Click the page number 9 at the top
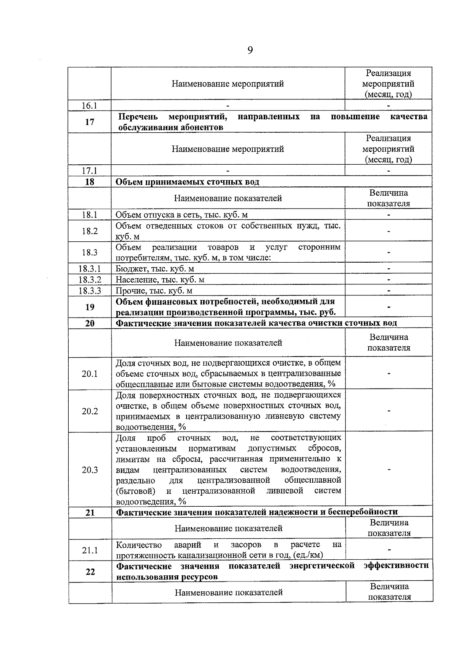(x=250, y=50)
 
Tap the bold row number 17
(x=89, y=122)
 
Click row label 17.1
(x=89, y=171)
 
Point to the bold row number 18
(x=89, y=182)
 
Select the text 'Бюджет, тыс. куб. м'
(x=155, y=269)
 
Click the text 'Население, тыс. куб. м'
(x=160, y=280)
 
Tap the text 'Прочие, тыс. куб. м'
(x=154, y=291)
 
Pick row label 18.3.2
(x=90, y=280)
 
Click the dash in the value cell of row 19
(x=389, y=307)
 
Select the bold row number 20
(x=90, y=323)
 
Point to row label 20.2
(x=90, y=411)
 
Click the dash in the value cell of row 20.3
(x=389, y=470)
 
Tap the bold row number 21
(x=90, y=512)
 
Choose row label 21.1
(x=90, y=550)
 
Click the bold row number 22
(x=90, y=572)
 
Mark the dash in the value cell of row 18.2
(x=389, y=231)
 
